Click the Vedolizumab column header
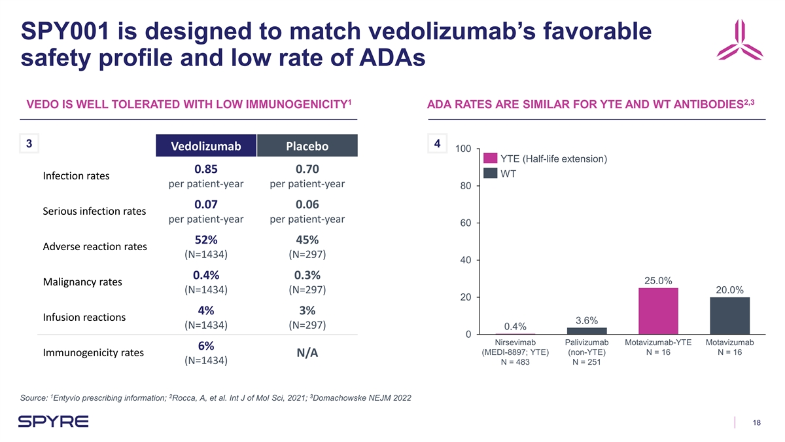205,146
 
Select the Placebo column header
307,146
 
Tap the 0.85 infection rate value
205,169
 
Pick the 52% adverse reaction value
205,240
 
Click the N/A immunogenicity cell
307,353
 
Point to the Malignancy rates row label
82,282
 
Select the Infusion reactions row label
84,318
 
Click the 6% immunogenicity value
205,346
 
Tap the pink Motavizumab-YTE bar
658,311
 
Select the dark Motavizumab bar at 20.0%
729,316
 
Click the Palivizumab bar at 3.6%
587,331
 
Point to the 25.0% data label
658,281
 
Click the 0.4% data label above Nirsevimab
515,326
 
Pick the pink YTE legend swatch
490,158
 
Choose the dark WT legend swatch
490,174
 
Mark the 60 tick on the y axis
464,223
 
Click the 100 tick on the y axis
462,149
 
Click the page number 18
757,422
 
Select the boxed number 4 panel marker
436,143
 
